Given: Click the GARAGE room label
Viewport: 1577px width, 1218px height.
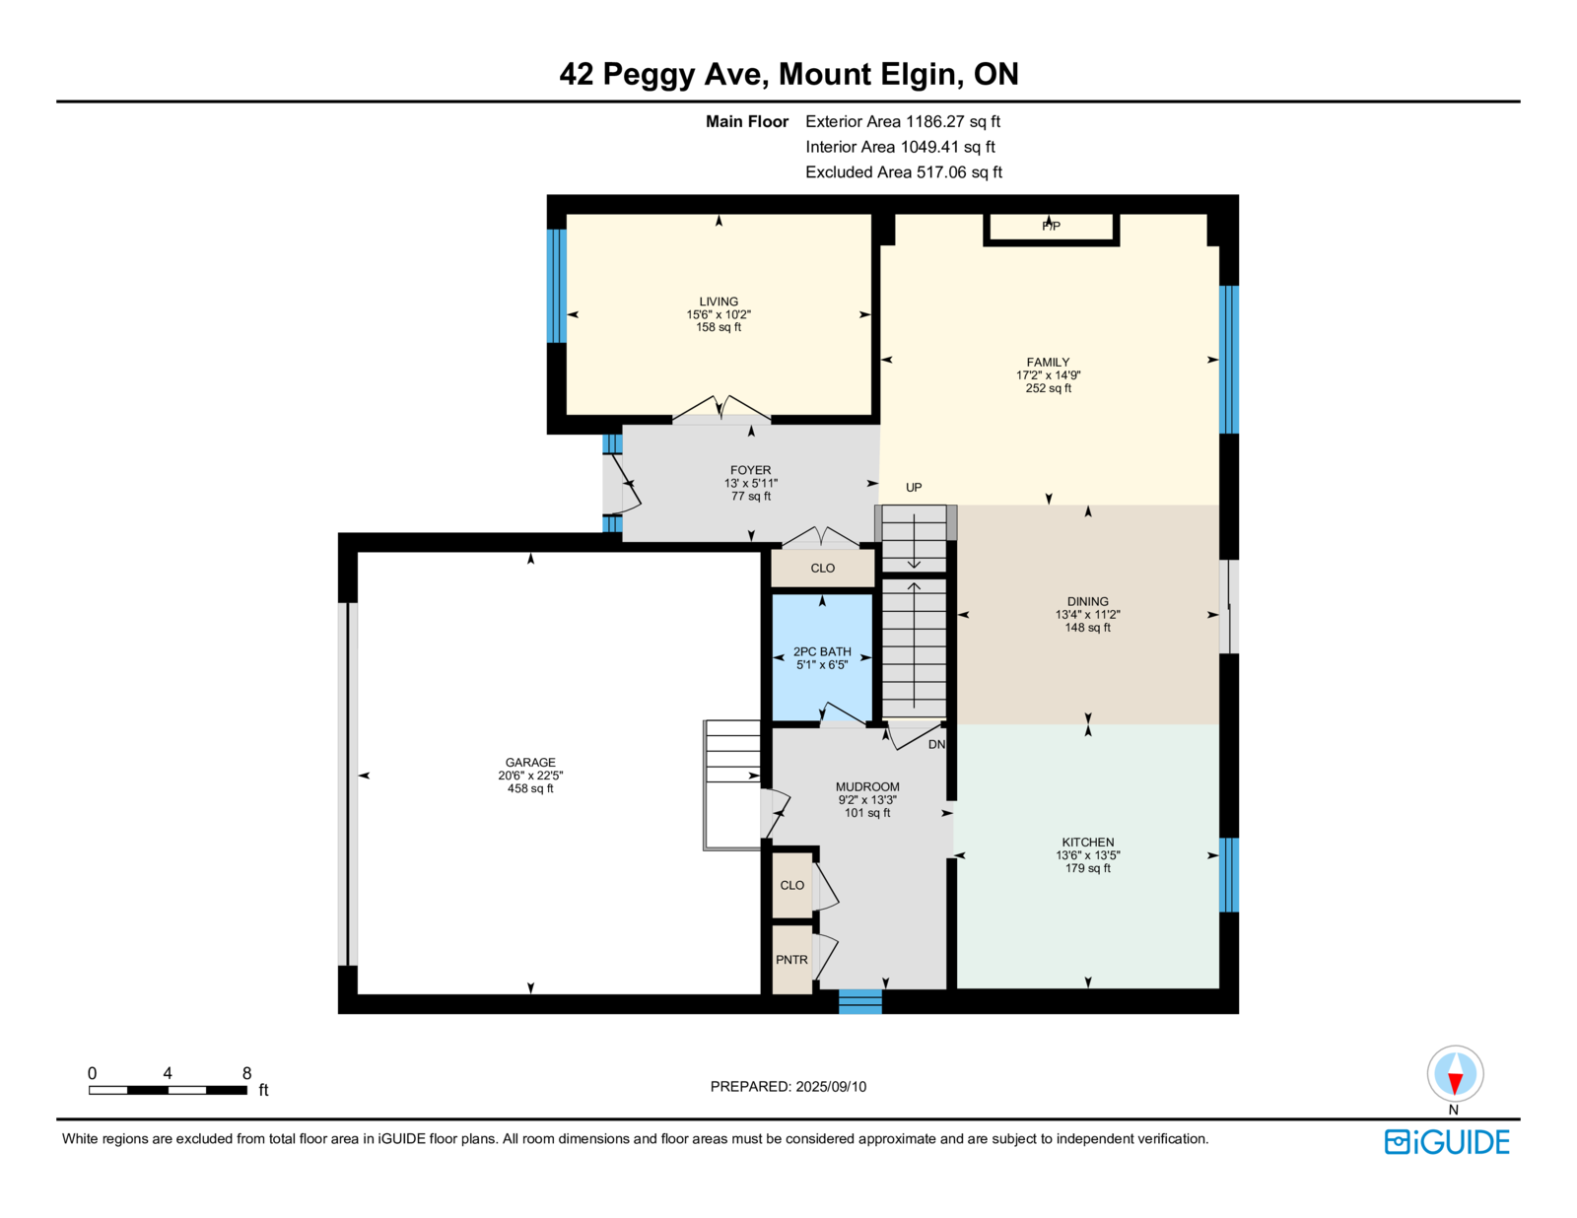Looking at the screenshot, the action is tap(530, 762).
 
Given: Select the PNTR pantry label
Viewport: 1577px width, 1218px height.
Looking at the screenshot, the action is tap(791, 959).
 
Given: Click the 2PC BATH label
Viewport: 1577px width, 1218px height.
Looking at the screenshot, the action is tap(822, 651).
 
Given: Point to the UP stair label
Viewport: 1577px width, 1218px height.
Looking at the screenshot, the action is tap(913, 488).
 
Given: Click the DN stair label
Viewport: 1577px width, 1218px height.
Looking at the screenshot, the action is tap(936, 744).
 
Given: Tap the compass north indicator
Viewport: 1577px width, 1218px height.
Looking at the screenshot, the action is tap(1455, 1074).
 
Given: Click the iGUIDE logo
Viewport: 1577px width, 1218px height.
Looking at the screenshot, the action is tap(1446, 1142).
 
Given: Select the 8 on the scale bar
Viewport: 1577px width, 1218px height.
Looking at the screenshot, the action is tap(246, 1073).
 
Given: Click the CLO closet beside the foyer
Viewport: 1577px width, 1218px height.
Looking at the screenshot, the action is tap(822, 568).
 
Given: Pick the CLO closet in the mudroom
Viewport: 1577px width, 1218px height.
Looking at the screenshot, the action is tap(791, 885).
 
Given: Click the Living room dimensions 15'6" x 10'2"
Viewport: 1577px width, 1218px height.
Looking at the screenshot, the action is tap(719, 314).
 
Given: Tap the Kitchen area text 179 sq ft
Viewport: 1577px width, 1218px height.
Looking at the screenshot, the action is tap(1087, 867).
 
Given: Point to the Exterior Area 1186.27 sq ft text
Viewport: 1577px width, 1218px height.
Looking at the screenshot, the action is tap(902, 121).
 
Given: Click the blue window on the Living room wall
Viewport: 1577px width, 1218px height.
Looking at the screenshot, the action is tap(557, 286).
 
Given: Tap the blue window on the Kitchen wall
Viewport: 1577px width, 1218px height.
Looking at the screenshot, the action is tap(1229, 874).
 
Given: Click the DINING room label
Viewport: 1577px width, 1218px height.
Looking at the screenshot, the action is tap(1087, 601).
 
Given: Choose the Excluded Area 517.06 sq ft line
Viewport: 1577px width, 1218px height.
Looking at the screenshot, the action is tap(904, 171).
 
